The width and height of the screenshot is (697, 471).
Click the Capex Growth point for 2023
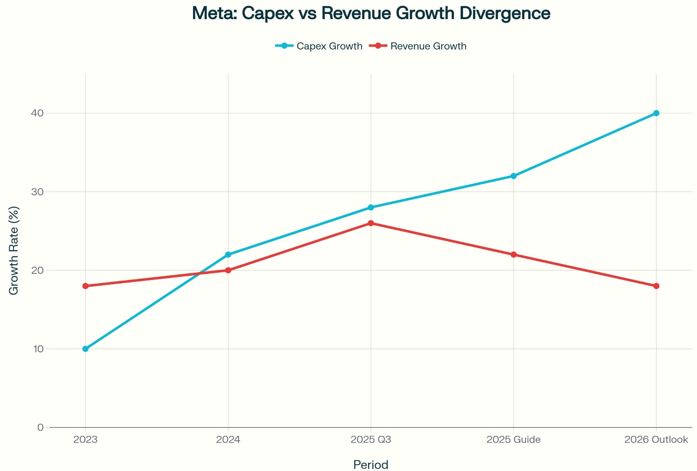coord(85,349)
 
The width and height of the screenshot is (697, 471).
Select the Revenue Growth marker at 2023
coord(85,286)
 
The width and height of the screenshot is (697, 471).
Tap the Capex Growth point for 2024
coord(228,254)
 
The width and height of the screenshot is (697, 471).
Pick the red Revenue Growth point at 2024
coord(228,270)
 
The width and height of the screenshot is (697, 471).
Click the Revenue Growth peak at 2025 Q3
coord(371,223)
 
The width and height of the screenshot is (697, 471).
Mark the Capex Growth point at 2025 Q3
coord(371,208)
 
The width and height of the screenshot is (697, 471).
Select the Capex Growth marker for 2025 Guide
coord(513,176)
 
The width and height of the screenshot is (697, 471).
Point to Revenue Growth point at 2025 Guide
coord(513,254)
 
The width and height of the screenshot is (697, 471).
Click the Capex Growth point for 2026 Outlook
coord(656,113)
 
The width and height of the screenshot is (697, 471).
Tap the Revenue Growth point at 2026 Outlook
coord(656,286)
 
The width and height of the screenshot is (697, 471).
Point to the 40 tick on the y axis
coord(37,113)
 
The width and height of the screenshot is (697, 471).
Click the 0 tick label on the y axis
coord(40,427)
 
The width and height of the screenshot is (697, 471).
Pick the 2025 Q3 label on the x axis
coord(371,440)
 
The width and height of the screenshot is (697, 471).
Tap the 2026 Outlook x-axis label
coord(656,440)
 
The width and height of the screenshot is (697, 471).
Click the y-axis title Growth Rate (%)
coord(14,250)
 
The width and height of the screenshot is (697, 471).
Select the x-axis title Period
coord(371,464)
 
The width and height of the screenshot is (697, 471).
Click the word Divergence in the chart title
coord(505,13)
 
